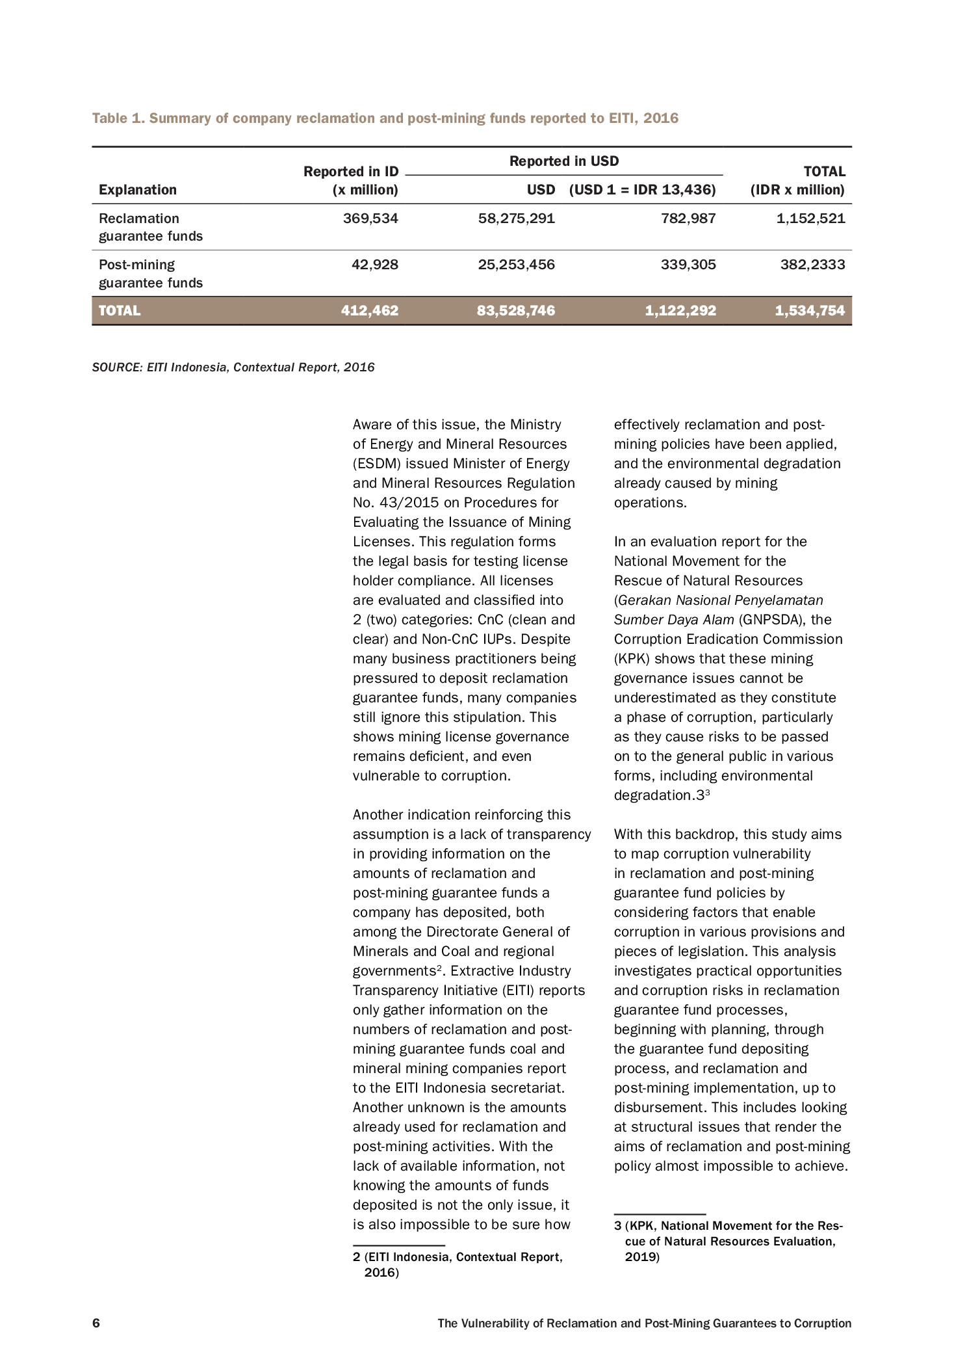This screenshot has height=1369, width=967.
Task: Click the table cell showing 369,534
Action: click(x=370, y=219)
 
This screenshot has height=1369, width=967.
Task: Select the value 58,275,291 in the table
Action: click(x=517, y=219)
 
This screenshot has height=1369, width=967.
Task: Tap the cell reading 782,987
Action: click(x=688, y=219)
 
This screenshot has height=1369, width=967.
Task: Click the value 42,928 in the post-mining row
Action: click(x=375, y=265)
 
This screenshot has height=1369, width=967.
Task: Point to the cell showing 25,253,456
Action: click(x=517, y=265)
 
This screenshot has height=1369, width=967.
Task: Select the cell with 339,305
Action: click(x=688, y=265)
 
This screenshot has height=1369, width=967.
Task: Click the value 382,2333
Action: click(x=813, y=265)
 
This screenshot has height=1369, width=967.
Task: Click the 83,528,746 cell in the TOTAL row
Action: click(x=516, y=311)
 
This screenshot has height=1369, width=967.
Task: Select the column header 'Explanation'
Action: click(x=138, y=190)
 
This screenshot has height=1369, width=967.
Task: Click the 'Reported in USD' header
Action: click(x=564, y=161)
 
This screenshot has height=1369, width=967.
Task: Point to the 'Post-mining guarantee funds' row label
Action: click(x=151, y=274)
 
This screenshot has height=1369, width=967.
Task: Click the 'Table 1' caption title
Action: click(x=385, y=118)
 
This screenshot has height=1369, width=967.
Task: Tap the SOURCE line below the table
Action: click(x=233, y=367)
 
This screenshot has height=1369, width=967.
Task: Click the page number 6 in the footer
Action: click(x=96, y=1323)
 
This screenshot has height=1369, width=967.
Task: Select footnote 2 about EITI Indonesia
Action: click(x=458, y=1265)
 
